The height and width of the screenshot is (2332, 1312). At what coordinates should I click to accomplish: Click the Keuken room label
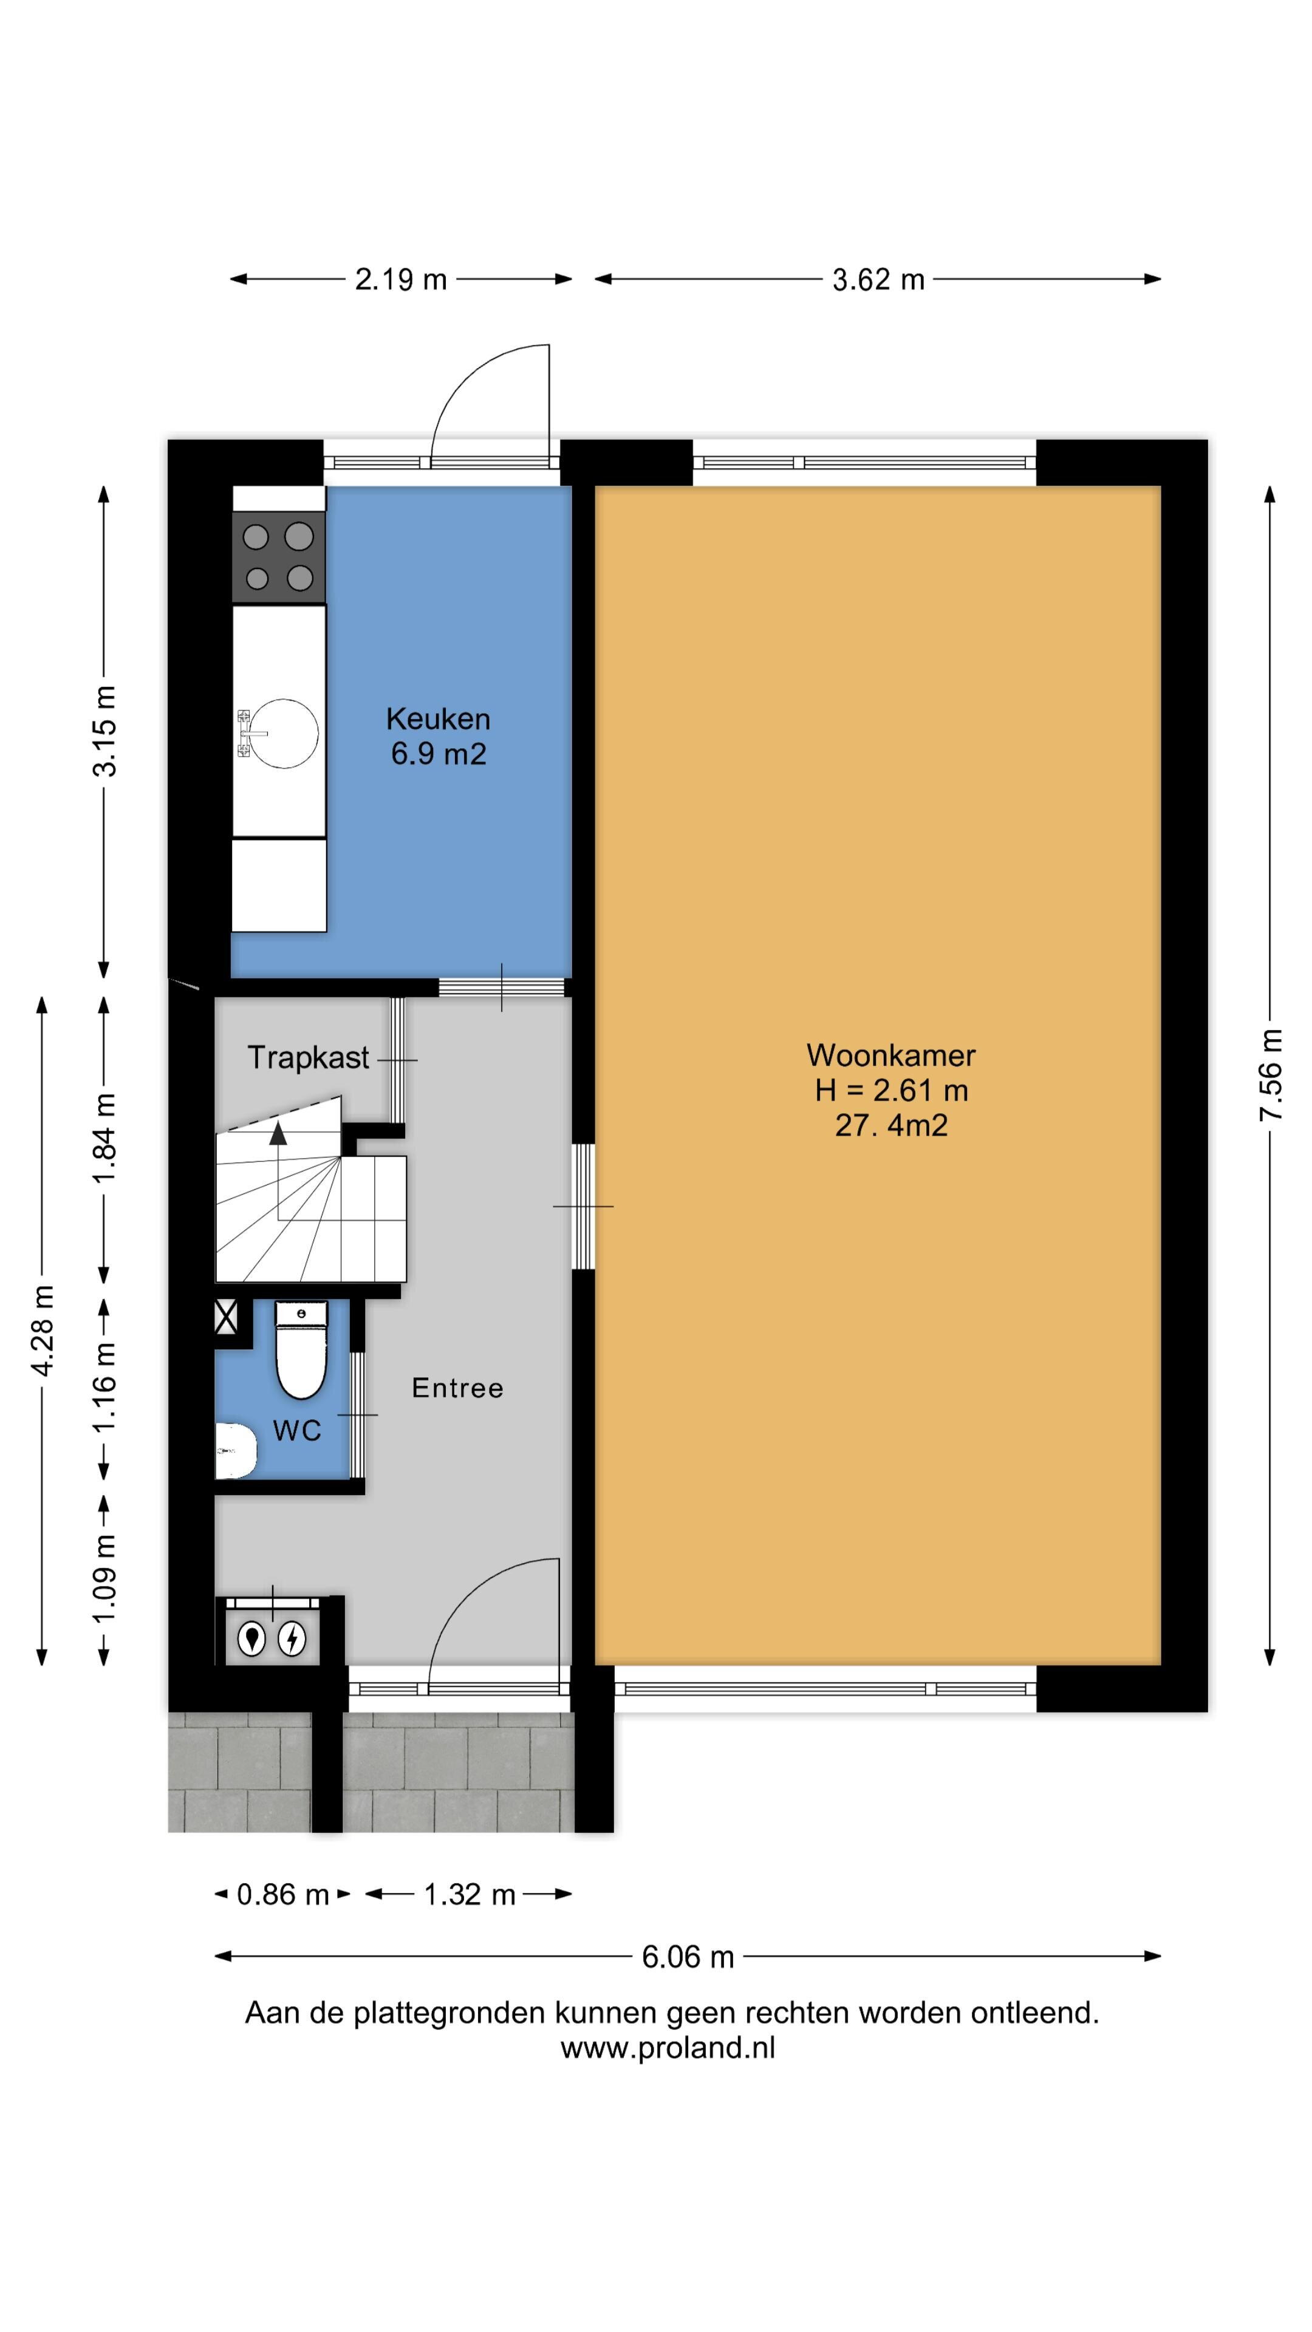438,719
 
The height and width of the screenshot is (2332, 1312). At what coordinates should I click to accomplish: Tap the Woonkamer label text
891,1055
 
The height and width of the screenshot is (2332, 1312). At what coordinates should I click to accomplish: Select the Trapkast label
308,1057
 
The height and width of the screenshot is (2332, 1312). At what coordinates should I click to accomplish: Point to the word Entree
457,1388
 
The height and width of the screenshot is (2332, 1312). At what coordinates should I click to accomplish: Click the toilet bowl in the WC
301,1352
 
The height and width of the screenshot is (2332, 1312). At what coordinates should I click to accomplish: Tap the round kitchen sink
284,733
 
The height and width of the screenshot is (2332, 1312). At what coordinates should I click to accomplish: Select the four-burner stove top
278,557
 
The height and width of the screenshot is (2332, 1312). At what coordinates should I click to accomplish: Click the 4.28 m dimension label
43,1330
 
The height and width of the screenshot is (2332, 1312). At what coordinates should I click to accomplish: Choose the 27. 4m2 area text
891,1125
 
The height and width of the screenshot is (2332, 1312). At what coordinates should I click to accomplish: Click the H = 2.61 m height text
891,1090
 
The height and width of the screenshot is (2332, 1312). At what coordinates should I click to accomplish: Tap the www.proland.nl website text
668,2048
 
